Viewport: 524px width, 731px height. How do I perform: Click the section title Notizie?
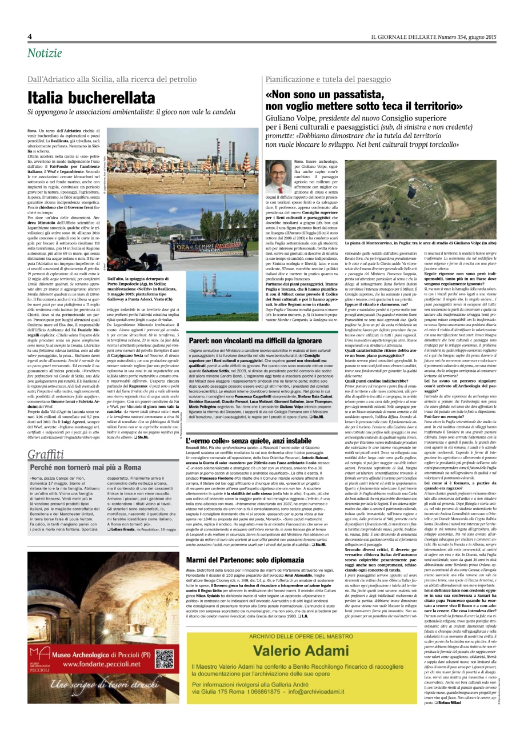[43, 53]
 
